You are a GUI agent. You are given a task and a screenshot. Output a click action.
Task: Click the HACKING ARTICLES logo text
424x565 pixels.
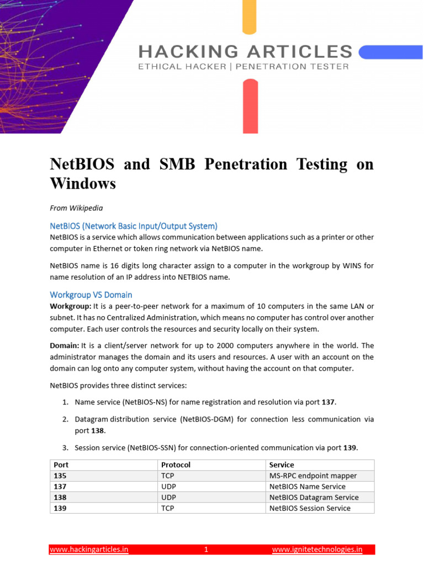pos(246,52)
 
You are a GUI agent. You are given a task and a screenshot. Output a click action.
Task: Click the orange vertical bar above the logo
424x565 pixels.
pos(250,17)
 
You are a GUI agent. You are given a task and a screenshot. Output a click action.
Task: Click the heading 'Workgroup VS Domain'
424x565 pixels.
pos(91,295)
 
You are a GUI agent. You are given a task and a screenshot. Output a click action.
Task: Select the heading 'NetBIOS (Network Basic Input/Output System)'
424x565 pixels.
pos(134,226)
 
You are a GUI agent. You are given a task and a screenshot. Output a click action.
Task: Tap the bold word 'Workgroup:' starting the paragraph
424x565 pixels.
pos(71,306)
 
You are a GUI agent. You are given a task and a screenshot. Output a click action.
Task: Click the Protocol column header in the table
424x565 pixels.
pos(176,465)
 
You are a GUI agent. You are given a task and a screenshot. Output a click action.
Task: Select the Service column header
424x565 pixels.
pos(282,465)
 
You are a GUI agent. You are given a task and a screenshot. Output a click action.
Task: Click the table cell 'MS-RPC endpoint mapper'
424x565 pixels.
pos(313,476)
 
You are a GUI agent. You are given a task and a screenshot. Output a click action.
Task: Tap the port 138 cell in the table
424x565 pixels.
pos(60,497)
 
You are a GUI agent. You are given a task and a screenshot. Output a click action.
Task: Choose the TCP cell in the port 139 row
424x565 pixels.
pos(167,508)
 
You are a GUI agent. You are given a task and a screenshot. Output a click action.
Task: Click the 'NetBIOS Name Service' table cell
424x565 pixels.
pos(308,487)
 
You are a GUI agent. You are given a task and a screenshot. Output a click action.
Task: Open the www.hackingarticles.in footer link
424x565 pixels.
pos(89,550)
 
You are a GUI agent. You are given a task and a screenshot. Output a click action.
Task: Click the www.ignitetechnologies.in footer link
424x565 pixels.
pos(317,550)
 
